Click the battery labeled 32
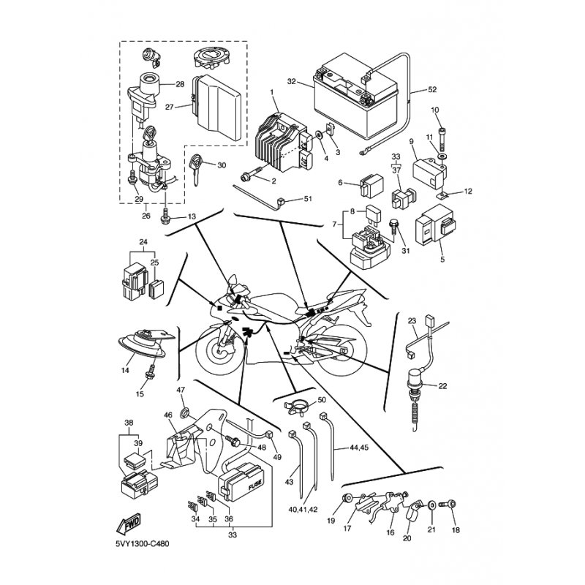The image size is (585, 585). (x=355, y=97)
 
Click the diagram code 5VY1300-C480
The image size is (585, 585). (x=142, y=543)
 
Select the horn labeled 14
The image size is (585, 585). (x=146, y=343)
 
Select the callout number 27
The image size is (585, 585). (x=170, y=107)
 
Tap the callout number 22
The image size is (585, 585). (x=442, y=386)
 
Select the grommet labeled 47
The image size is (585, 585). (x=185, y=412)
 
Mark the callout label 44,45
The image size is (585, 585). (x=358, y=447)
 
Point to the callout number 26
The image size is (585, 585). (x=146, y=216)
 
